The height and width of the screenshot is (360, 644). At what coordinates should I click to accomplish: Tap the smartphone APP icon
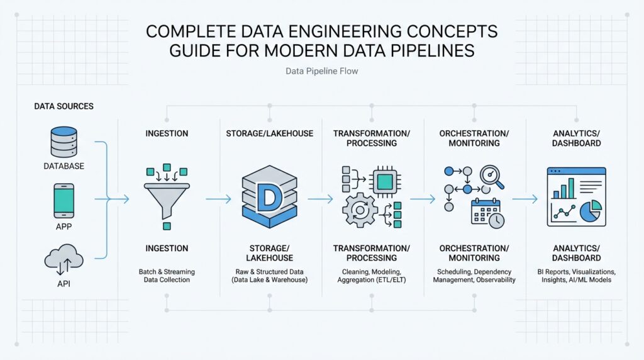click(64, 201)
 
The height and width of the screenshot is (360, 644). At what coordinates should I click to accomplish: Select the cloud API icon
click(64, 259)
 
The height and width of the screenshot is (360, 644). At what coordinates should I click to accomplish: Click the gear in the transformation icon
click(360, 210)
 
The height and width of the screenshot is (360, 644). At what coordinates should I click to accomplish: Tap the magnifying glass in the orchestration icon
click(492, 176)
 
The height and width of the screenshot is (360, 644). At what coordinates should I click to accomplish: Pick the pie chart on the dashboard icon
click(590, 211)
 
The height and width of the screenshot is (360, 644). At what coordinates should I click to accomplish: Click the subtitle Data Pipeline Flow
click(321, 71)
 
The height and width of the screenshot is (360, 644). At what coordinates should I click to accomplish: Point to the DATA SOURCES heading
click(64, 106)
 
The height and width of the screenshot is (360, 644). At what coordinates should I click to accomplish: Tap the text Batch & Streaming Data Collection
click(167, 276)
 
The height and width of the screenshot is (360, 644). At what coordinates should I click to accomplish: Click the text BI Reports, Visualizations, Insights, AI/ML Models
click(577, 276)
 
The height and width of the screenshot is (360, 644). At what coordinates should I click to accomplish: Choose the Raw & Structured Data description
click(269, 276)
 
